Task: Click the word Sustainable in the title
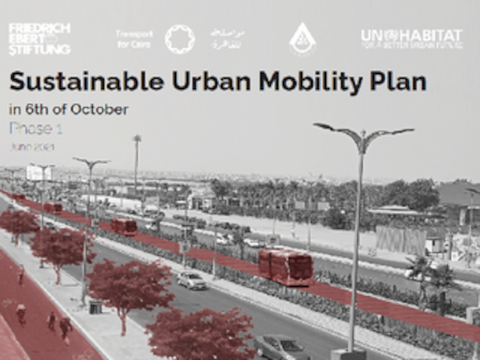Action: pyautogui.click(x=69, y=82)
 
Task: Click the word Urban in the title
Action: pyautogui.click(x=202, y=82)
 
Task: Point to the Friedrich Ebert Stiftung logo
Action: pyautogui.click(x=38, y=38)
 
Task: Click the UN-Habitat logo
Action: pyautogui.click(x=412, y=38)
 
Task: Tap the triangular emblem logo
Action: pyautogui.click(x=301, y=38)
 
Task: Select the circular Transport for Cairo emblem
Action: pyautogui.click(x=179, y=38)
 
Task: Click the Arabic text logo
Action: pyautogui.click(x=227, y=38)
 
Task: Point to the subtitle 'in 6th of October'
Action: pyautogui.click(x=68, y=109)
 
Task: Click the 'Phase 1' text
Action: pyautogui.click(x=35, y=127)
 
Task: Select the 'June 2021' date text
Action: pyautogui.click(x=32, y=146)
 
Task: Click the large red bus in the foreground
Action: pyautogui.click(x=285, y=266)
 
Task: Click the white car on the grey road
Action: pyautogui.click(x=191, y=279)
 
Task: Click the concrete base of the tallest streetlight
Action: pyautogui.click(x=348, y=354)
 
